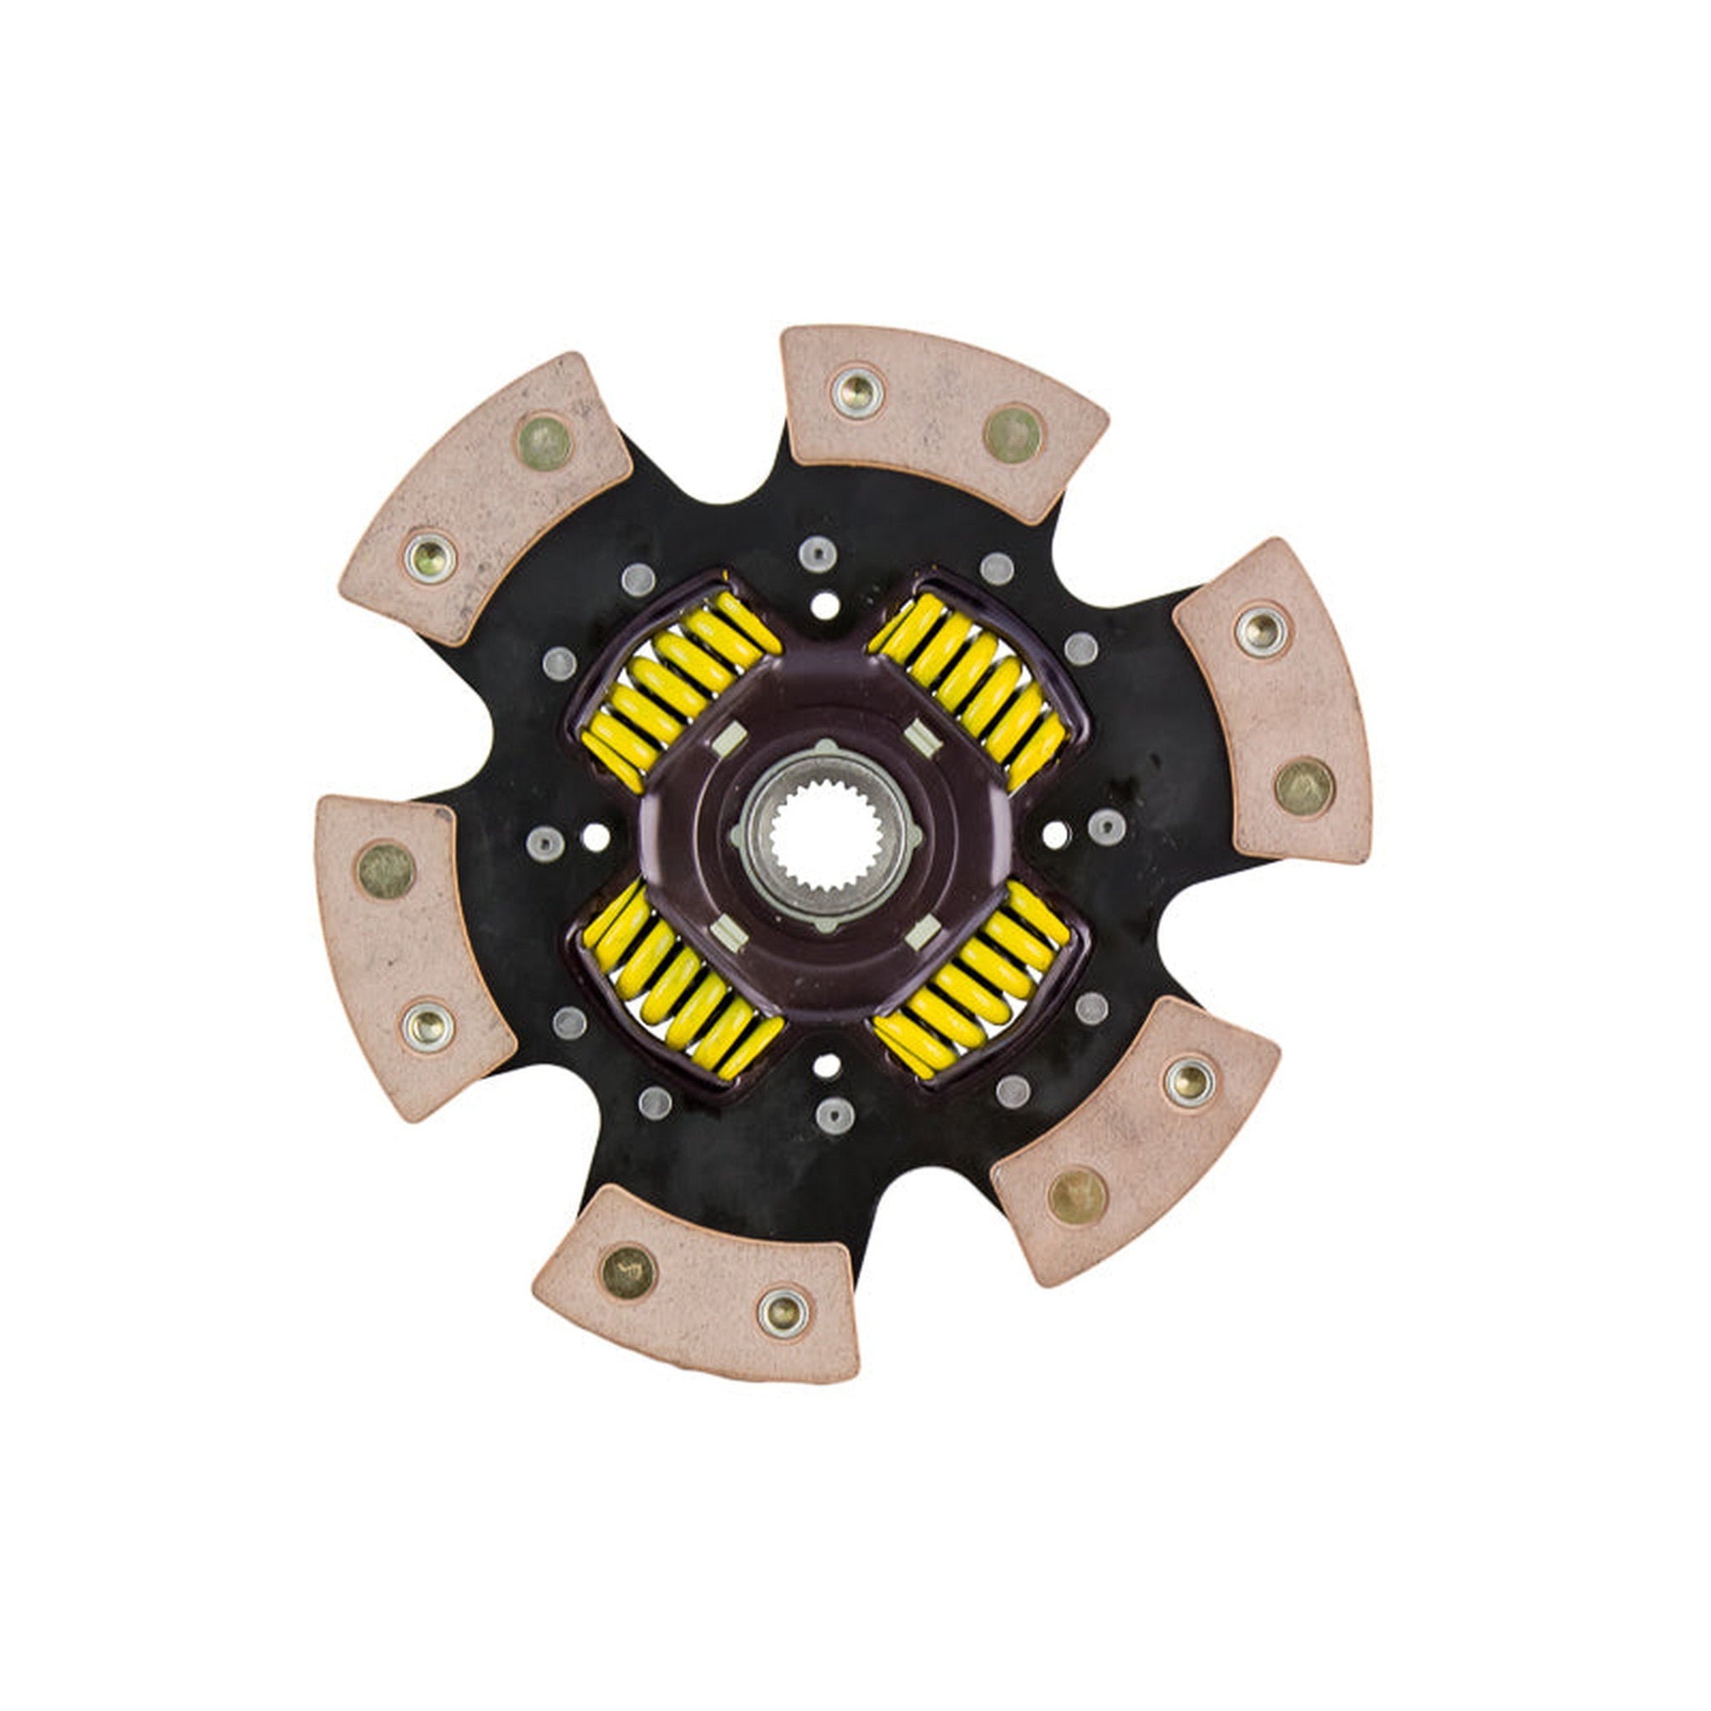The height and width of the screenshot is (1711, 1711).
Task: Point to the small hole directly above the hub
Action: [x=825, y=607]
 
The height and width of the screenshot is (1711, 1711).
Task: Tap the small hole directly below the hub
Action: [x=826, y=1065]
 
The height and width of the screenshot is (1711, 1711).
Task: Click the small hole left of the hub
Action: [x=597, y=836]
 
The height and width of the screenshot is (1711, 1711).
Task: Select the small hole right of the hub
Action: [x=1055, y=833]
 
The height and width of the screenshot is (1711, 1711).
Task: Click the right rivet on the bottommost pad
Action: [x=784, y=1310]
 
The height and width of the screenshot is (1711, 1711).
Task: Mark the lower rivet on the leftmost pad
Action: [x=429, y=1026]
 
